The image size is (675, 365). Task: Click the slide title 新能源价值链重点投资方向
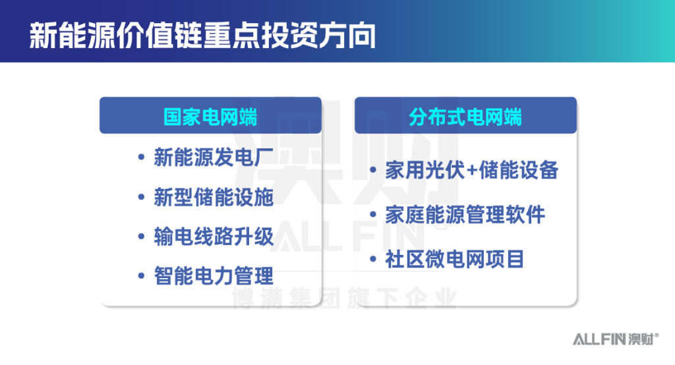(x=202, y=36)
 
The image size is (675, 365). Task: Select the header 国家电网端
(x=210, y=117)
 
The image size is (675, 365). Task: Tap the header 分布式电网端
(x=465, y=117)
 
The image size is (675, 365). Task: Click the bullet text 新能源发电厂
(x=214, y=157)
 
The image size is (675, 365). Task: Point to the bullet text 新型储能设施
(x=214, y=197)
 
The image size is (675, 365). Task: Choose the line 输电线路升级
(x=214, y=237)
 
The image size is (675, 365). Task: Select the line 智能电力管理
(x=214, y=276)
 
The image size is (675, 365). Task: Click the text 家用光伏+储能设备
(x=472, y=170)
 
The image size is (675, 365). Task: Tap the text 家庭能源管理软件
(x=465, y=215)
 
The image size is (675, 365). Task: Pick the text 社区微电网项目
(x=454, y=259)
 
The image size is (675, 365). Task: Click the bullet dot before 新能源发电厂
(x=141, y=157)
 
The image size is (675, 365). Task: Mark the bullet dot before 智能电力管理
(x=141, y=276)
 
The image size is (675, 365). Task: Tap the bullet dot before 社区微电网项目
(x=373, y=259)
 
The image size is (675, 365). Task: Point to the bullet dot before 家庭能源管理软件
(x=373, y=214)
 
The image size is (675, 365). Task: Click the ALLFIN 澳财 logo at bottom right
(x=616, y=339)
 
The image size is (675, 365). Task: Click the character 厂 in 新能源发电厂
(x=264, y=157)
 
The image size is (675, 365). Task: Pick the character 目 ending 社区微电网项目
(x=515, y=259)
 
